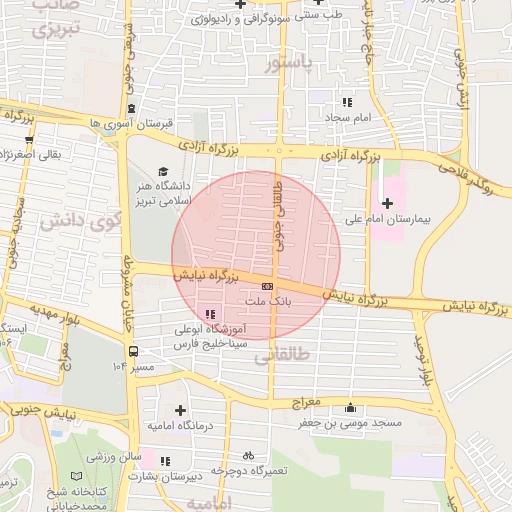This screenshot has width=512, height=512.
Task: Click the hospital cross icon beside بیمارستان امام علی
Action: pyautogui.click(x=387, y=204)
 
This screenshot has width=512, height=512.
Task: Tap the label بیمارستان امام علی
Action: pyautogui.click(x=392, y=218)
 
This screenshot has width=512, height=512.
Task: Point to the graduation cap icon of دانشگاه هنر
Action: pyautogui.click(x=163, y=171)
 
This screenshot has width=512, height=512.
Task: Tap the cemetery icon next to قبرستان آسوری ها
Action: pyautogui.click(x=133, y=109)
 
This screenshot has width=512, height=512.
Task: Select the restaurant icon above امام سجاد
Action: pyautogui.click(x=347, y=102)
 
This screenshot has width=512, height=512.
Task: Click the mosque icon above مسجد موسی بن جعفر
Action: pyautogui.click(x=350, y=407)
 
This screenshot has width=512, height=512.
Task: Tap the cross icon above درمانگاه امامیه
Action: pyautogui.click(x=180, y=410)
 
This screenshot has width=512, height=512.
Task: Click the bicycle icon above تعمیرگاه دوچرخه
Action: pyautogui.click(x=248, y=455)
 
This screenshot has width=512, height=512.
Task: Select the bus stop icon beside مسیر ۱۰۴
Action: pyautogui.click(x=133, y=351)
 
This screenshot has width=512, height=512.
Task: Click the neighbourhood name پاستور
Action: pyautogui.click(x=289, y=66)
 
